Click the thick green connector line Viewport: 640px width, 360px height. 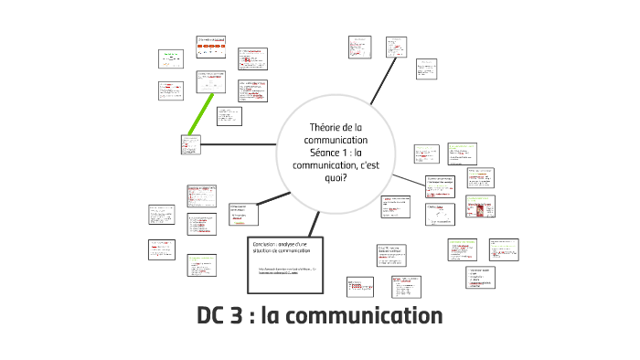pyautogui.click(x=202, y=113)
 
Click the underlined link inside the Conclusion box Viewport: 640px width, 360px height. pyautogui.click(x=285, y=272)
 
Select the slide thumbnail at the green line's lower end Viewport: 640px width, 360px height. pyautogui.click(x=189, y=143)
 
